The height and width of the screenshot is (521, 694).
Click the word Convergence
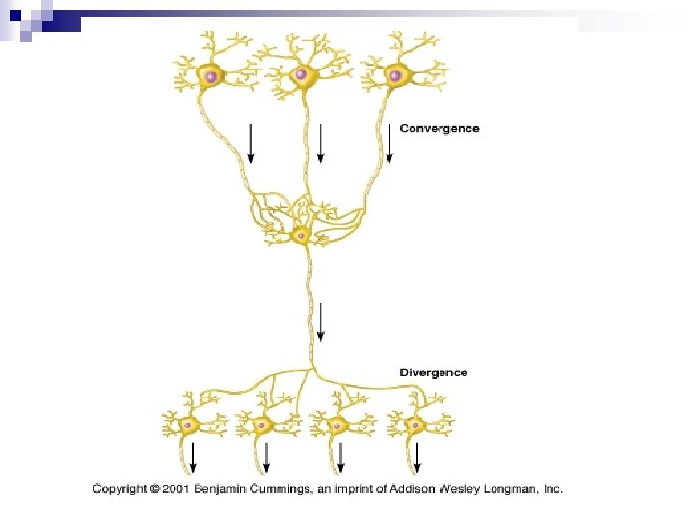(x=439, y=128)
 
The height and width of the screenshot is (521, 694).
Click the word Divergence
(x=434, y=372)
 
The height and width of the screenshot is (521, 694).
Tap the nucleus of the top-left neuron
(x=209, y=74)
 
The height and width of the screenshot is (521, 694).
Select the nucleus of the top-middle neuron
(x=302, y=74)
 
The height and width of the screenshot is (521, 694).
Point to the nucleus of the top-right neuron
(x=393, y=74)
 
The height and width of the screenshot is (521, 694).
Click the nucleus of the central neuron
(x=301, y=235)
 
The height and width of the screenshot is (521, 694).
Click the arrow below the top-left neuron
(x=251, y=142)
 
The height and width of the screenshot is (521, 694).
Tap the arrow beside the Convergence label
(x=389, y=142)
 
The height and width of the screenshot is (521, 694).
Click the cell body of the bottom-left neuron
(x=191, y=425)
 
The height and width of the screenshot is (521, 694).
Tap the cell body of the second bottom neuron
(x=260, y=425)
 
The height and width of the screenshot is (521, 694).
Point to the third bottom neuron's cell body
(x=336, y=425)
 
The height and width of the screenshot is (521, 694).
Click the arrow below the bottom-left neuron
(x=193, y=455)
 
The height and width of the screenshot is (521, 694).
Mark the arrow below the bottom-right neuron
(x=416, y=455)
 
